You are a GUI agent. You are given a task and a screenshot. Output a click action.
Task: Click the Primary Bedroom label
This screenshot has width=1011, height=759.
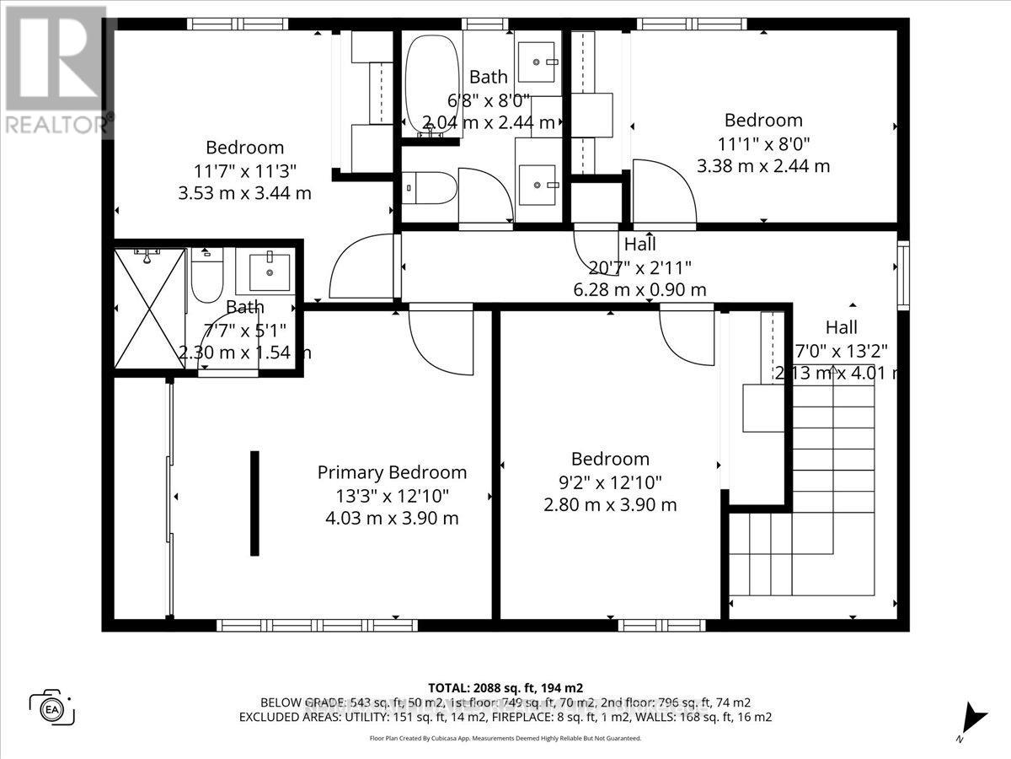click(392, 472)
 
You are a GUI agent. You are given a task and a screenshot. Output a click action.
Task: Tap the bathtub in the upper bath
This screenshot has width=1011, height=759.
click(432, 84)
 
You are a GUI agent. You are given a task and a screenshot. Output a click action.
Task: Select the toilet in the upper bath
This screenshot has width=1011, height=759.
click(418, 187)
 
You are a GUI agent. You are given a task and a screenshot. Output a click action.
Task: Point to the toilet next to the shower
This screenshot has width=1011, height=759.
click(206, 275)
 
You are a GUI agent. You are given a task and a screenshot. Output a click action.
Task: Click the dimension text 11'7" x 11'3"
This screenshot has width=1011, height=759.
click(244, 170)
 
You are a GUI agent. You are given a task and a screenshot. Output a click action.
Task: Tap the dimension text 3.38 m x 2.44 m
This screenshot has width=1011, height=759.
click(763, 166)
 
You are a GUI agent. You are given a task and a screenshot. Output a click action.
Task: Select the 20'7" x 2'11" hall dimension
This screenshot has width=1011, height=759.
click(640, 267)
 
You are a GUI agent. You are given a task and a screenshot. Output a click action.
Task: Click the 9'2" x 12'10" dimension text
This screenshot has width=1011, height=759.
click(610, 482)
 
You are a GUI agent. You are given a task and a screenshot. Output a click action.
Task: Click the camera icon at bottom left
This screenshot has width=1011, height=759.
click(52, 707)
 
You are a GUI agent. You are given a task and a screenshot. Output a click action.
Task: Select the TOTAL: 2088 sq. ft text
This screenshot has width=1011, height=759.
click(505, 687)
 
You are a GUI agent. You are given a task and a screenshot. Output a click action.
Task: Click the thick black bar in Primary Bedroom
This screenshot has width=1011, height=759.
click(254, 503)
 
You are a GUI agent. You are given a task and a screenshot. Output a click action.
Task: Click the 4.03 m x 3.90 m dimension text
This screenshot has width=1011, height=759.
click(392, 518)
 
